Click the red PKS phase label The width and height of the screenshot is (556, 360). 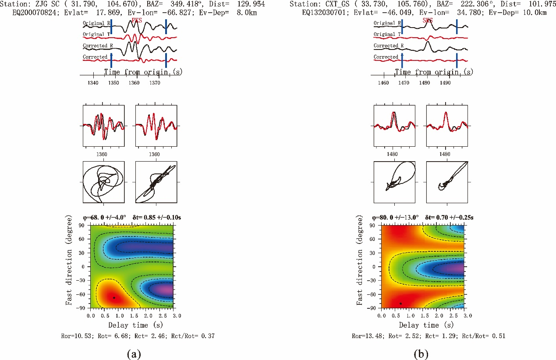pyautogui.click(x=137, y=21)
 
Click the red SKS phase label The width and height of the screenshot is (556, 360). pyautogui.click(x=427, y=21)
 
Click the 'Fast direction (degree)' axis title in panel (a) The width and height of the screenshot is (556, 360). pyautogui.click(x=69, y=266)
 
